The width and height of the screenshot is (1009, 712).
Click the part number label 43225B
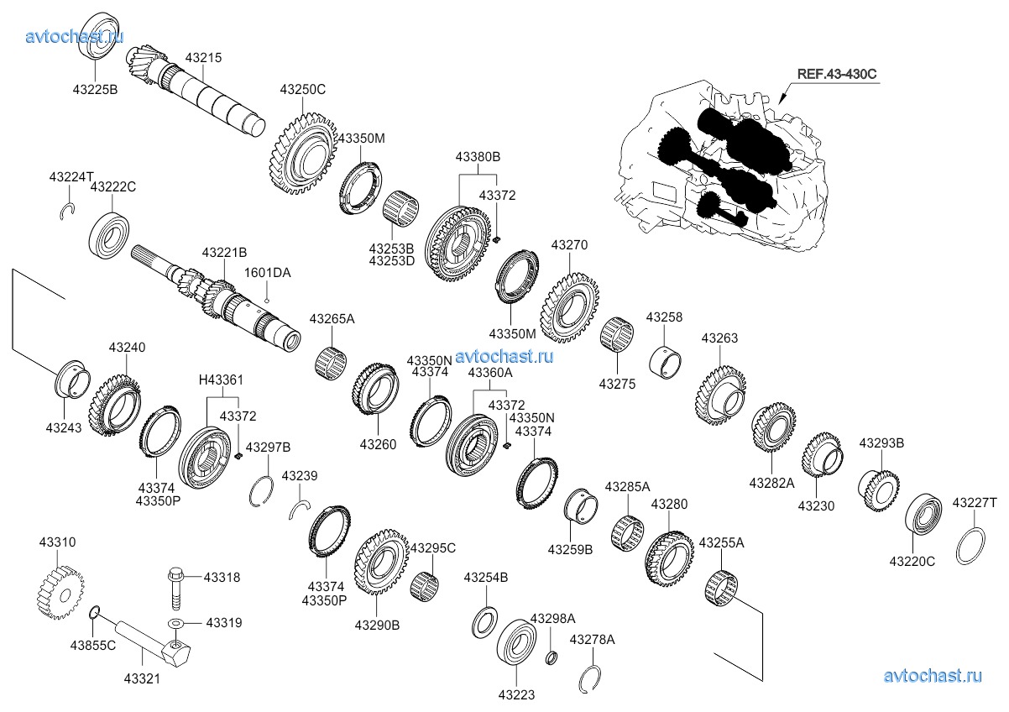pos(94,88)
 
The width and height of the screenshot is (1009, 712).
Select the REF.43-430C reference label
pos(836,74)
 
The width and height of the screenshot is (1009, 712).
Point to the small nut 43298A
pos(552,656)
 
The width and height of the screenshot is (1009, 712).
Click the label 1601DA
pos(267,273)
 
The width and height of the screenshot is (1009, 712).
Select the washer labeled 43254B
pos(485,621)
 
